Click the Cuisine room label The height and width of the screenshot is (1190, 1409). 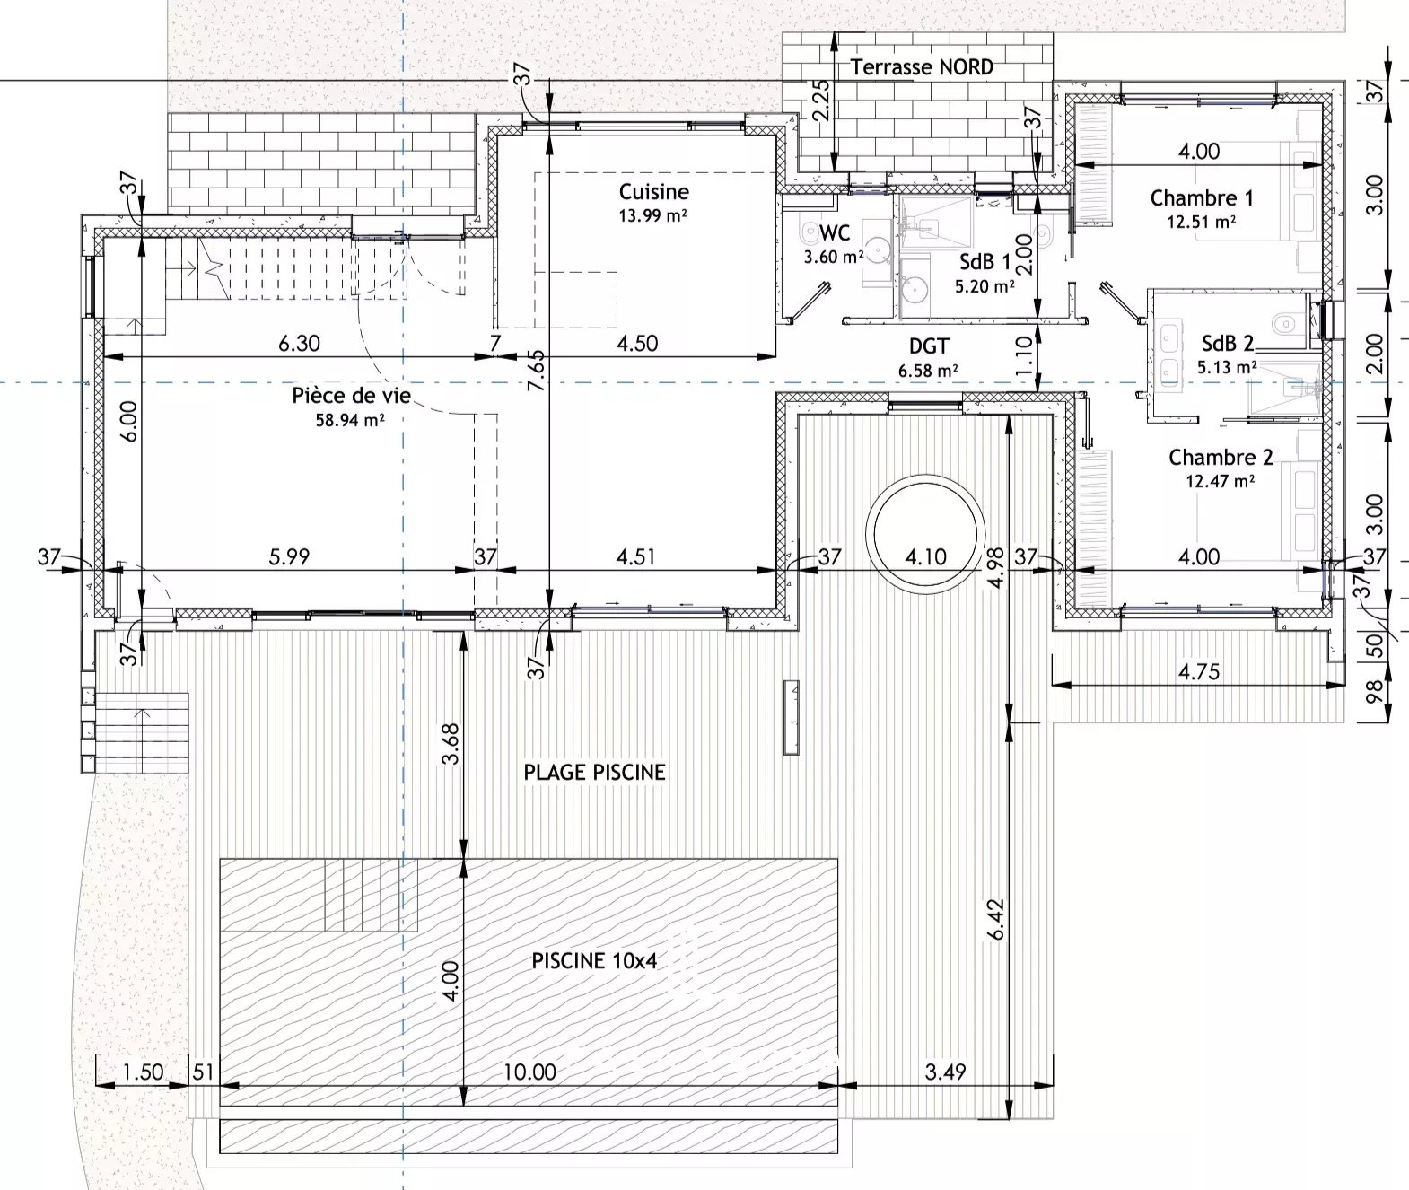pos(654,192)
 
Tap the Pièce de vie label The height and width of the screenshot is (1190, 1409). pos(351,396)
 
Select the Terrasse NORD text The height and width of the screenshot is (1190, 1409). pos(921,66)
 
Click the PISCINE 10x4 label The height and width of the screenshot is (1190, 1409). pos(594,960)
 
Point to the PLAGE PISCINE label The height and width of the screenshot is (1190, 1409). pos(594,772)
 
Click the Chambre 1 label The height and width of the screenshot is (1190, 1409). pos(1201,197)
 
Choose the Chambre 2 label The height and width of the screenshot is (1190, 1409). pos(1221,458)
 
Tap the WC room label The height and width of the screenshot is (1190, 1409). pos(835,233)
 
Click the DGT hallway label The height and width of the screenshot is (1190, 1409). pos(929,346)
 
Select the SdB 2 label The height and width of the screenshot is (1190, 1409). pos(1228,344)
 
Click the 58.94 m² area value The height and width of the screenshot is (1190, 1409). pos(350,421)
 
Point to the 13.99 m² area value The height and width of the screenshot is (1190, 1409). pos(653,216)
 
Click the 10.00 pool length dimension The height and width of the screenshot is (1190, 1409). pos(529,1072)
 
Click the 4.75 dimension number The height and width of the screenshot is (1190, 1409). pos(1198,671)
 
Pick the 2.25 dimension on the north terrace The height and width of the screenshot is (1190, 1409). pos(820,101)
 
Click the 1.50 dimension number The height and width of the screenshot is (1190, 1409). pos(143,1072)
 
